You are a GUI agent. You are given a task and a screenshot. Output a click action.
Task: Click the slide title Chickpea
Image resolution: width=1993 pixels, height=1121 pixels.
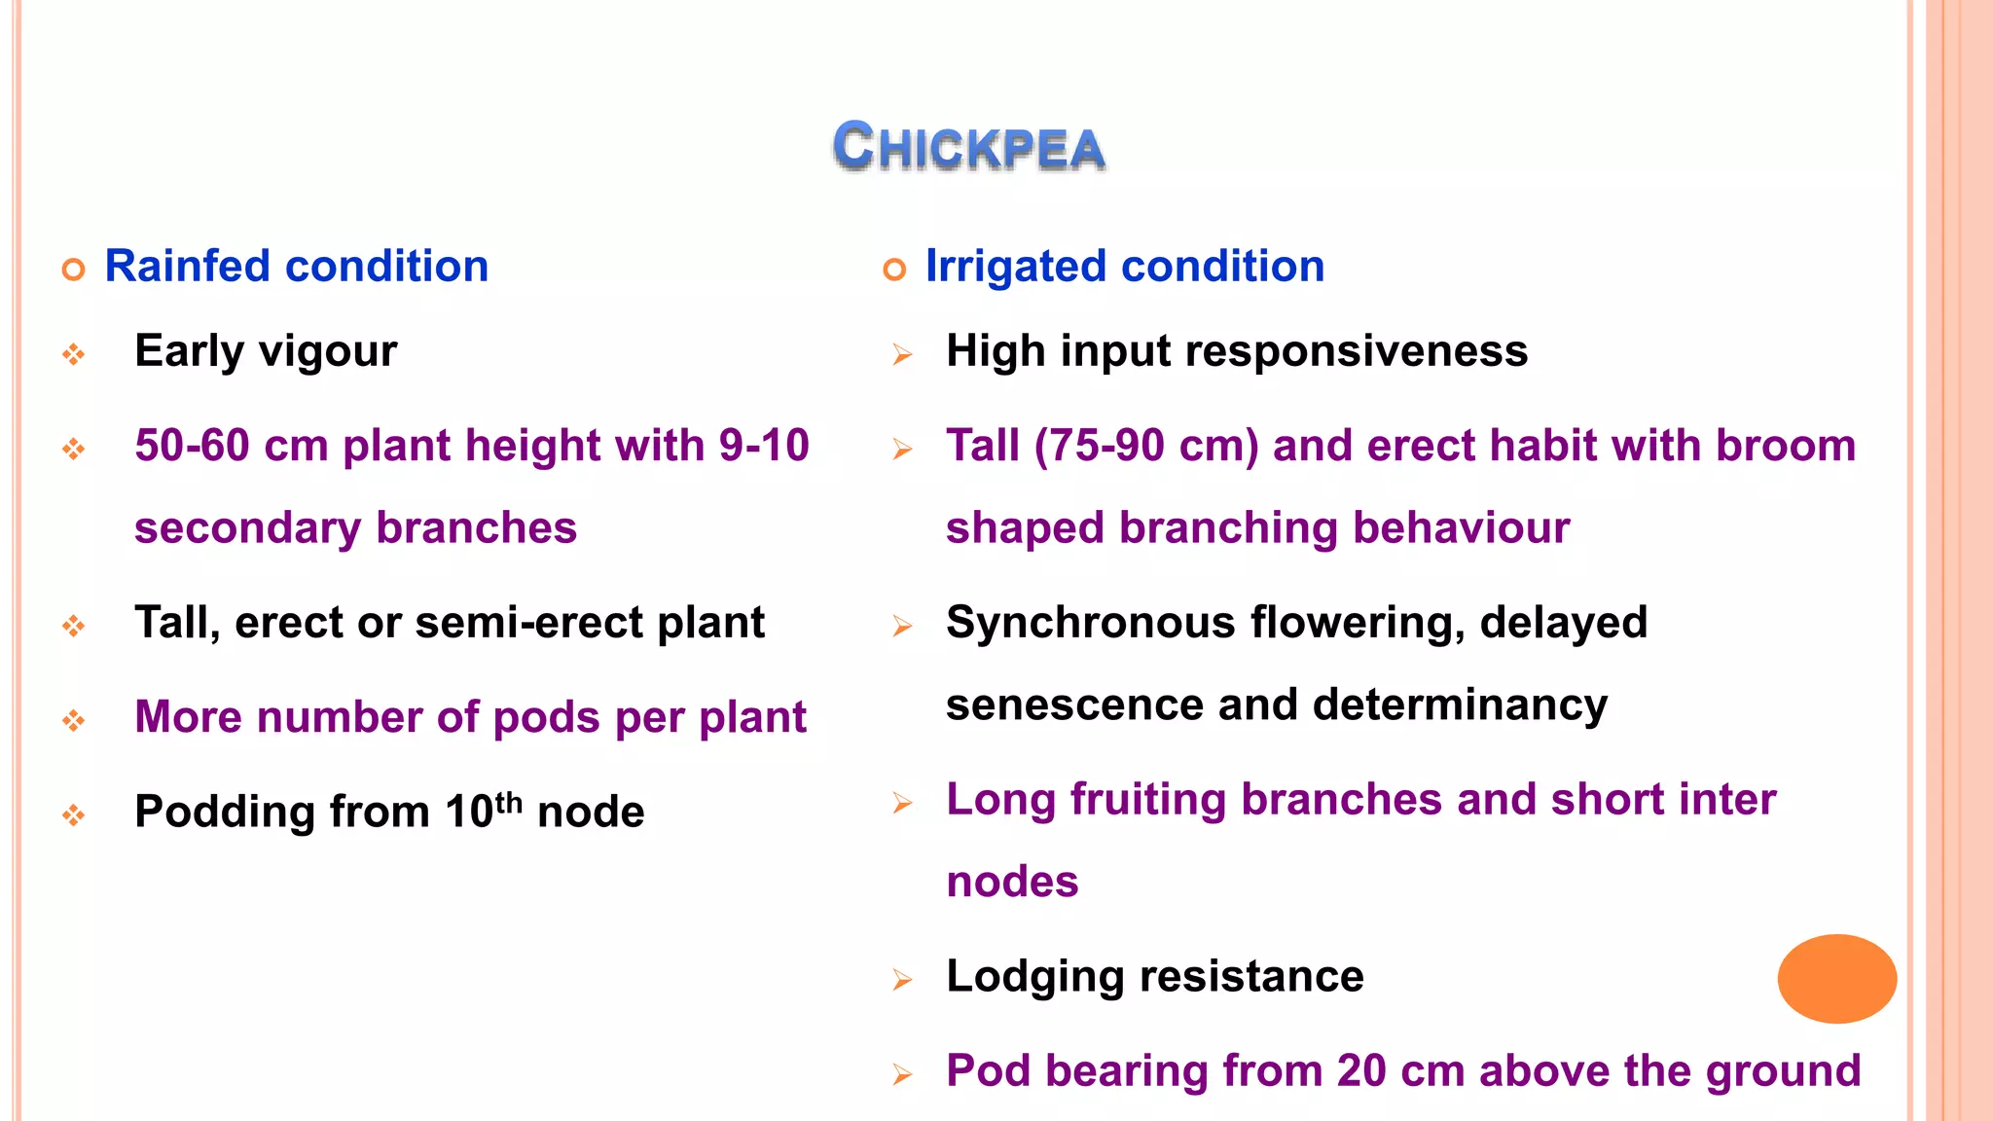pyautogui.click(x=969, y=148)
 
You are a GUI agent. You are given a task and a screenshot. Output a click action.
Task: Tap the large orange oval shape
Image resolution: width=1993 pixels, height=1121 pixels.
pyautogui.click(x=1836, y=978)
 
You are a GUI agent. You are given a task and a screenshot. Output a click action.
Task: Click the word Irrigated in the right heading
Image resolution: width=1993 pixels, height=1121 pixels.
pyautogui.click(x=1016, y=267)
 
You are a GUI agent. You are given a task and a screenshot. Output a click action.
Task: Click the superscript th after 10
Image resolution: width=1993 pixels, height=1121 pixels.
pyautogui.click(x=509, y=803)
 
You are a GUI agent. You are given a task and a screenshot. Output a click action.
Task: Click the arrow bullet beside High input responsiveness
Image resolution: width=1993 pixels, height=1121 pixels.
pyautogui.click(x=902, y=354)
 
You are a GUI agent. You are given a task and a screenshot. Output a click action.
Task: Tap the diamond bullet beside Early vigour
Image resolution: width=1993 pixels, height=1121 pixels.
pyautogui.click(x=74, y=354)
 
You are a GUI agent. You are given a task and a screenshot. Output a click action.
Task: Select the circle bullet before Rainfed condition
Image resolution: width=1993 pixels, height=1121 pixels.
pyautogui.click(x=74, y=269)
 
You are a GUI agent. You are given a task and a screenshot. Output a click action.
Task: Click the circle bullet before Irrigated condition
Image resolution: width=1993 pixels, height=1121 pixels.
pyautogui.click(x=894, y=269)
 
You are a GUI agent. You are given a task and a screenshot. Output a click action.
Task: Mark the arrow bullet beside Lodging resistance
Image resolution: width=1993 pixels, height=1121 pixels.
pyautogui.click(x=902, y=980)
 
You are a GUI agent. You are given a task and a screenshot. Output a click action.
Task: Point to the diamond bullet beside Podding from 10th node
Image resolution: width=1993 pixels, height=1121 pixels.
pyautogui.click(x=74, y=814)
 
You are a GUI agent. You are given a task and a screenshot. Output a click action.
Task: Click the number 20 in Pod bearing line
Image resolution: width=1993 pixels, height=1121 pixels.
pyautogui.click(x=1360, y=1071)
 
